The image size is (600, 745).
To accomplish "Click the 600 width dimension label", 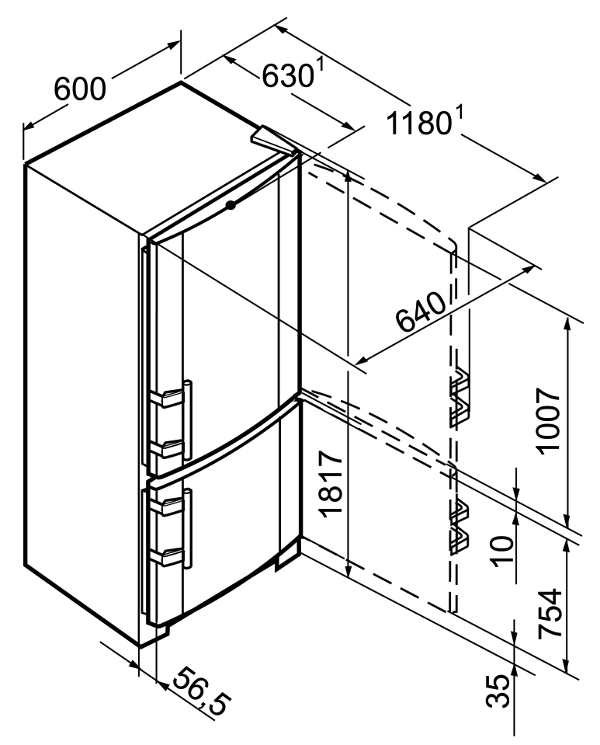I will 80,89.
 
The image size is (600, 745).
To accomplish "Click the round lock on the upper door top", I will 231,205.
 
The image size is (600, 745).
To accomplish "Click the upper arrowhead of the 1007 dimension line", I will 569,325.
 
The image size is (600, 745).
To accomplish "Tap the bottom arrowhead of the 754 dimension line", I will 569,666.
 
